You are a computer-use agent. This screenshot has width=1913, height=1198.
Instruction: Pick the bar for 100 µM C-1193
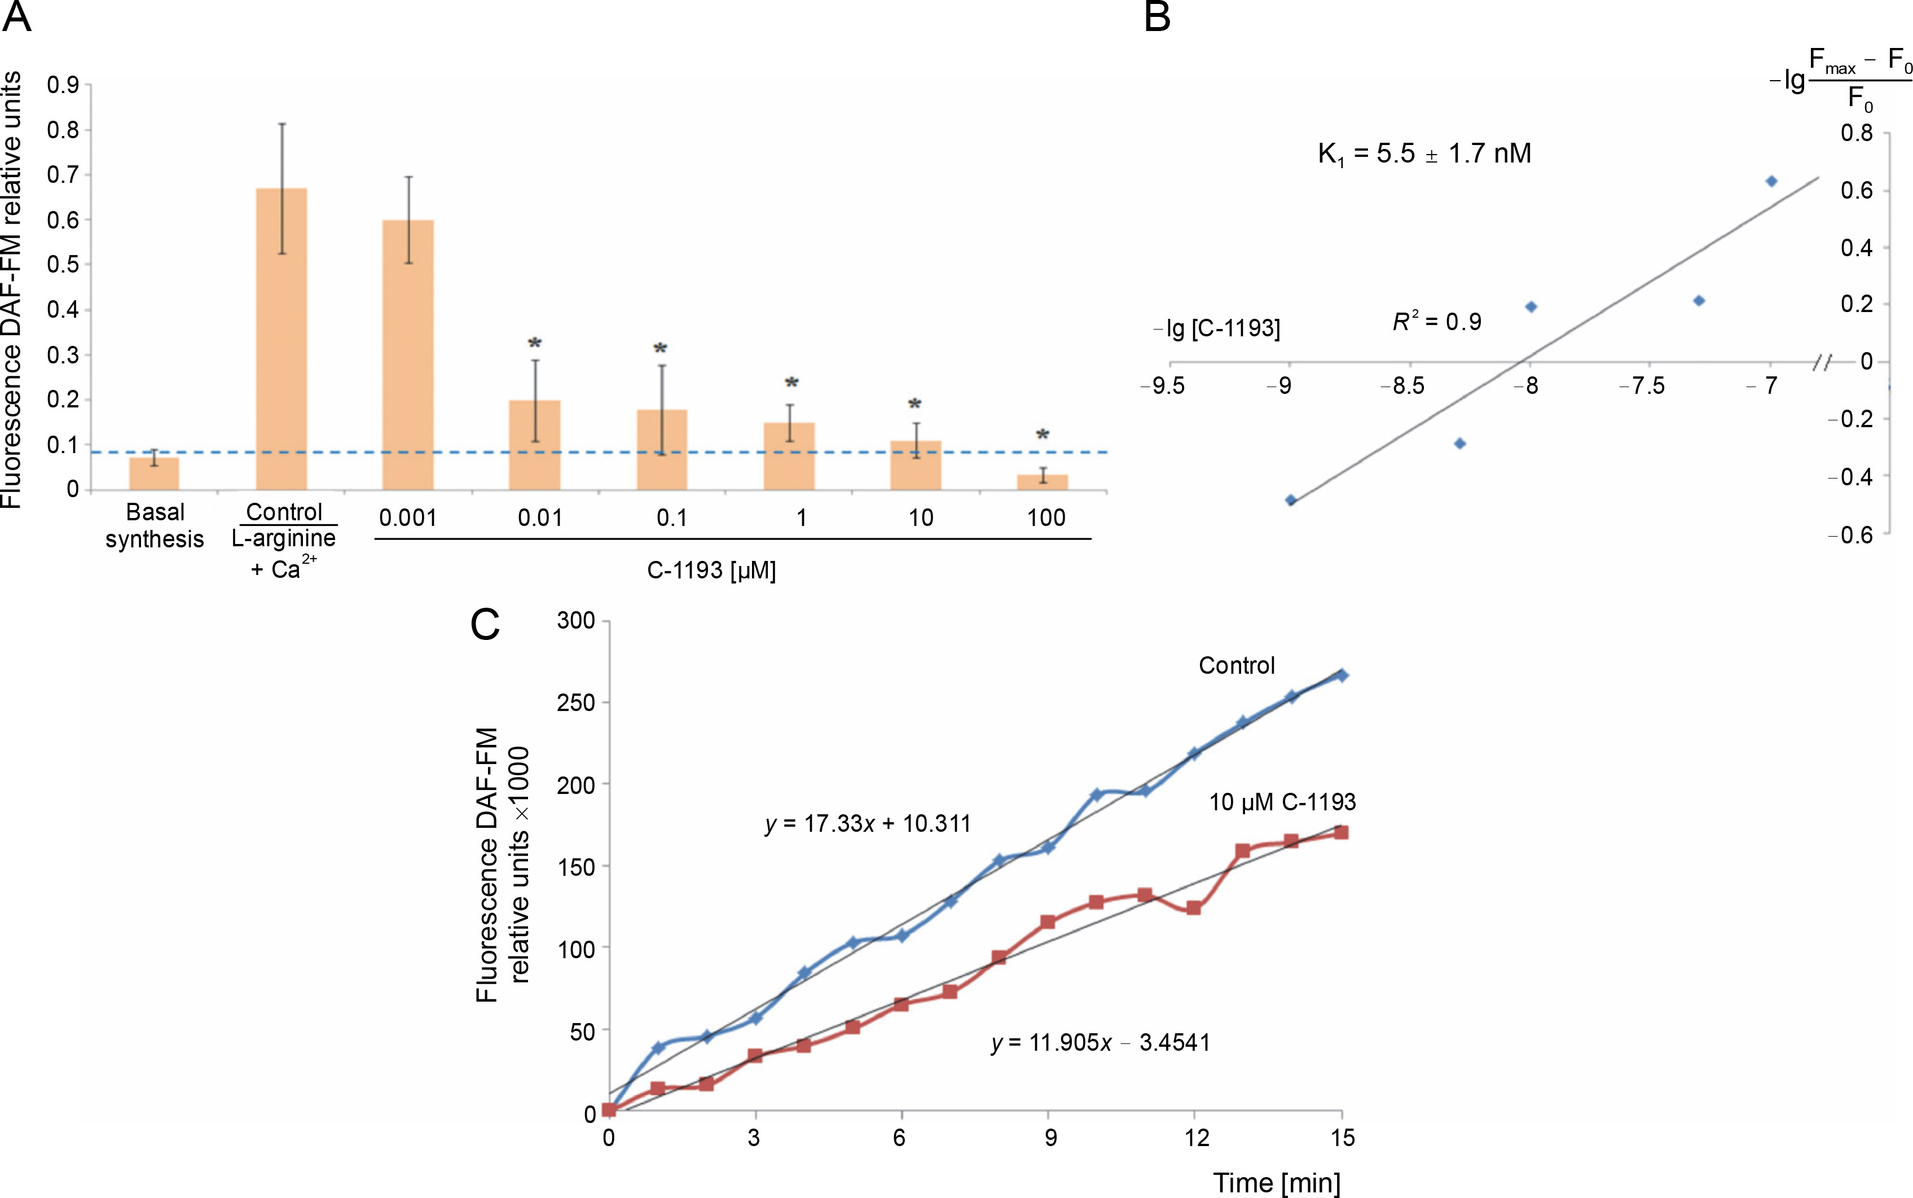pyautogui.click(x=1043, y=482)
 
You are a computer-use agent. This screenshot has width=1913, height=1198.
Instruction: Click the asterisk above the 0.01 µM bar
pyautogui.click(x=535, y=344)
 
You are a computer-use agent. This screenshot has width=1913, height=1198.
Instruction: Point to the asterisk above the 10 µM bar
pyautogui.click(x=915, y=405)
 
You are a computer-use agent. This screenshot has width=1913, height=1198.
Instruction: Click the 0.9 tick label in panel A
pyautogui.click(x=63, y=85)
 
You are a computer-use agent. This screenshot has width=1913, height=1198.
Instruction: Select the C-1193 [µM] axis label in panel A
pyautogui.click(x=711, y=571)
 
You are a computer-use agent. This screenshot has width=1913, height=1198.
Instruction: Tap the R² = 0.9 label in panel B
pyautogui.click(x=1437, y=322)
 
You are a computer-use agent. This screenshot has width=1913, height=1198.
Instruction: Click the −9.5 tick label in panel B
pyautogui.click(x=1163, y=386)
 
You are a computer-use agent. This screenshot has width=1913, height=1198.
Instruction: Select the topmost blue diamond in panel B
pyautogui.click(x=1771, y=182)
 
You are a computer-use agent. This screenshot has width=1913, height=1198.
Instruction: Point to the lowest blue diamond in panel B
pyautogui.click(x=1290, y=500)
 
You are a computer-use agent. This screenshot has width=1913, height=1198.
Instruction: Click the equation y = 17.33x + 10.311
pyautogui.click(x=868, y=824)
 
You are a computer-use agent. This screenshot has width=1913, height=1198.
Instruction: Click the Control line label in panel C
pyautogui.click(x=1237, y=665)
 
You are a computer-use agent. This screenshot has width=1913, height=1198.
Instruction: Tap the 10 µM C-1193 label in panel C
pyautogui.click(x=1282, y=802)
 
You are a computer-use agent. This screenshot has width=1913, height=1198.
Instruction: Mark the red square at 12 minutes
pyautogui.click(x=1194, y=908)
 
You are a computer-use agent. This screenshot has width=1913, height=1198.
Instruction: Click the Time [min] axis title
pyautogui.click(x=1276, y=1183)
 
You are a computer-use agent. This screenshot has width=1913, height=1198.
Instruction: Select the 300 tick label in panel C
pyautogui.click(x=576, y=620)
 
